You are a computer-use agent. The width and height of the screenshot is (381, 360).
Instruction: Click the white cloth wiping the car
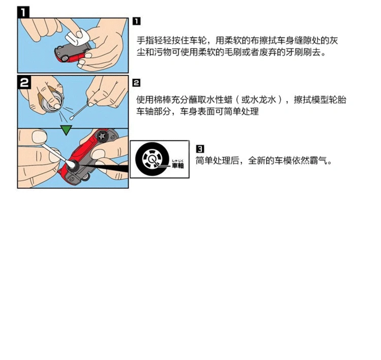pyautogui.click(x=77, y=37)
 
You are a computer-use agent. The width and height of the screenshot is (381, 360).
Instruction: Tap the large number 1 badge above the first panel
pyautogui.click(x=23, y=12)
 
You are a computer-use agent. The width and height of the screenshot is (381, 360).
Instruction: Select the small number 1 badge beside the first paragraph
pyautogui.click(x=137, y=21)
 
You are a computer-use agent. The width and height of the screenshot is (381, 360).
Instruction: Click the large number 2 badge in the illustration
pyautogui.click(x=24, y=82)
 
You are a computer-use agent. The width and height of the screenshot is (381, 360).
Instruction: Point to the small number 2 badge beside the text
pyautogui.click(x=136, y=83)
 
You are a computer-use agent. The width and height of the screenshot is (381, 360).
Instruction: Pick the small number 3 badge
pyautogui.click(x=200, y=149)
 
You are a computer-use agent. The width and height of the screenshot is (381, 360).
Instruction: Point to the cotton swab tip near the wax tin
pyautogui.click(x=72, y=118)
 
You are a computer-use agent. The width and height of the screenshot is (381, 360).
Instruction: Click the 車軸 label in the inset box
pyautogui.click(x=178, y=166)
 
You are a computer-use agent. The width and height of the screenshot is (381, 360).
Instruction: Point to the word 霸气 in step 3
pyautogui.click(x=319, y=160)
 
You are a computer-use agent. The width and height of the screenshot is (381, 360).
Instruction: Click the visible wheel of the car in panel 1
pyautogui.click(x=65, y=58)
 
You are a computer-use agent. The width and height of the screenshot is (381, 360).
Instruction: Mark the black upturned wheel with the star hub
pyautogui.click(x=101, y=136)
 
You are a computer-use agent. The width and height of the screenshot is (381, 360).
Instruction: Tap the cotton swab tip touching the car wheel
pyautogui.click(x=71, y=164)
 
